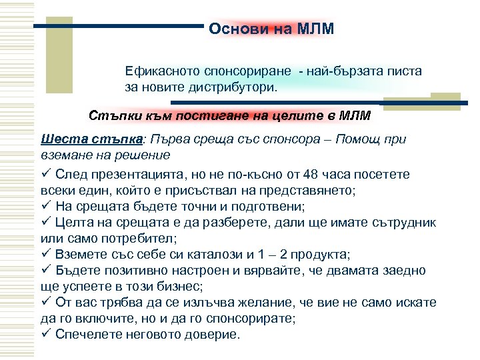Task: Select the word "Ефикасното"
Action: [159, 71]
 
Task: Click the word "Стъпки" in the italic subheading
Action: [111, 115]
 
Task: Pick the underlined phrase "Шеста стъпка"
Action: [91, 140]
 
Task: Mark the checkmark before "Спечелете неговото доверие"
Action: [46, 333]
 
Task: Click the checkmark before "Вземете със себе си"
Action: [46, 253]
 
